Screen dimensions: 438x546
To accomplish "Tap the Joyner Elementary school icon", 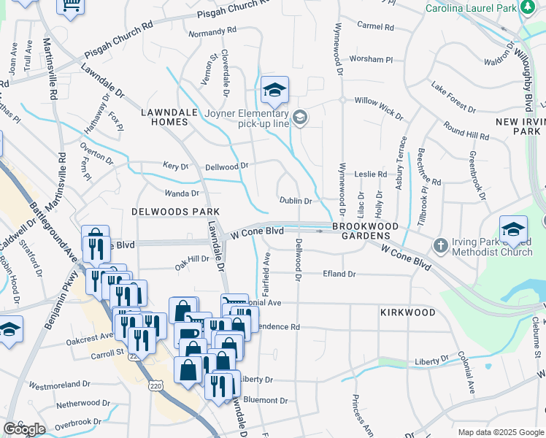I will (275, 91).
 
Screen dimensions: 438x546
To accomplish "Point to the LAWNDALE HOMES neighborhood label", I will (165, 117).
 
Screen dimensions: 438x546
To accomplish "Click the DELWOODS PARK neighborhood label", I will (166, 211).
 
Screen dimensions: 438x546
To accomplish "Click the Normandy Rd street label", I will (212, 32).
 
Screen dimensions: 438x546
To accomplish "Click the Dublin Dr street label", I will (296, 201).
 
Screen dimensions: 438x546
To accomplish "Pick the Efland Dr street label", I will (339, 274).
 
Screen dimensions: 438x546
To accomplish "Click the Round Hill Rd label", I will (466, 133).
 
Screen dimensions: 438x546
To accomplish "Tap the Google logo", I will (24, 429).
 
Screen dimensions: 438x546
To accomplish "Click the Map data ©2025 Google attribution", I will (501, 432).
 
